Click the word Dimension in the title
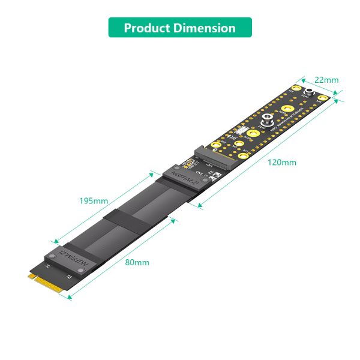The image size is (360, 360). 206,28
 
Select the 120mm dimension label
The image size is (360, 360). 282,163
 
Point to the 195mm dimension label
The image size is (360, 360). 94,200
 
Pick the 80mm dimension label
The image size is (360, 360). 137,262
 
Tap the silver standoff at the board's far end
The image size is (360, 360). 310,92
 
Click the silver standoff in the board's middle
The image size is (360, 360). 266,120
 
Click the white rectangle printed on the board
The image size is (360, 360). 242,133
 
